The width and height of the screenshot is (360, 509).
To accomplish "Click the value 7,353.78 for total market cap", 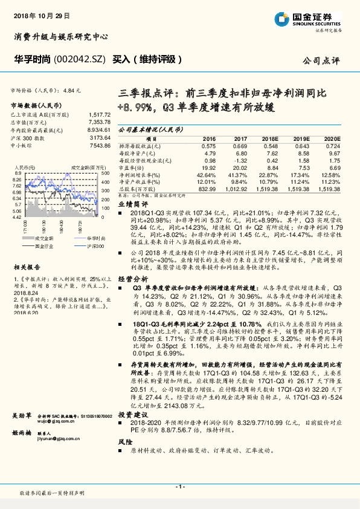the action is [x=99, y=122].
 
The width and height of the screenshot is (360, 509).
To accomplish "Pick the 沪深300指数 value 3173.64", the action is [x=100, y=137].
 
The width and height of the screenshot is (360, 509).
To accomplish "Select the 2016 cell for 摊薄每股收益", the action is [x=208, y=146].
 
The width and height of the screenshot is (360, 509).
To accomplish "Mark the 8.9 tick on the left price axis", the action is [x=18, y=173].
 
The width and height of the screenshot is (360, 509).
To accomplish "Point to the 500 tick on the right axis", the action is [x=104, y=173].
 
